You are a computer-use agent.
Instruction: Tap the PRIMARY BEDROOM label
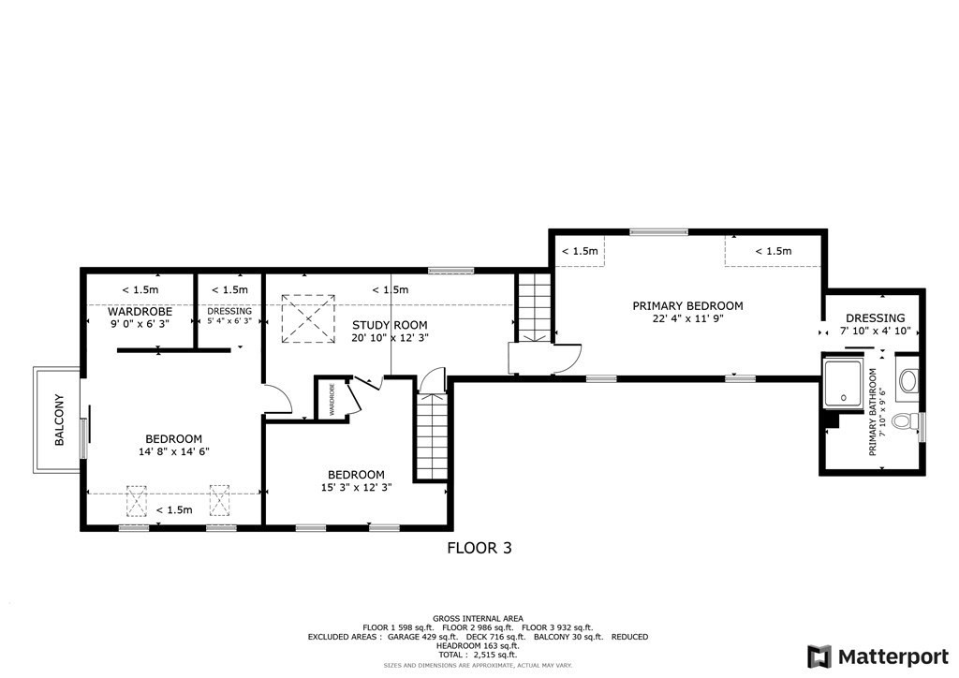[687, 306]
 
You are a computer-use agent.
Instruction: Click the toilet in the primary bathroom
[906, 421]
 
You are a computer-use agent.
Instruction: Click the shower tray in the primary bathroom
[847, 381]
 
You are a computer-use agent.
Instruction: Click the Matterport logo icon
[819, 656]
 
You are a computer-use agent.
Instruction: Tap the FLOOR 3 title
[479, 549]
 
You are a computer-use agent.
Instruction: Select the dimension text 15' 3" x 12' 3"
[356, 487]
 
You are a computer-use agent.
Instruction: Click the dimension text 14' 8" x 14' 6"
[173, 451]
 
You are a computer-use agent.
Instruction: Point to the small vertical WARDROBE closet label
[331, 400]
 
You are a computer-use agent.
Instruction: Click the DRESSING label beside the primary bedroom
[875, 318]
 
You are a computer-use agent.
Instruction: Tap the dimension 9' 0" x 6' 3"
[139, 324]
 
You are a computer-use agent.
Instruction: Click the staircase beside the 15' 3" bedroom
[432, 435]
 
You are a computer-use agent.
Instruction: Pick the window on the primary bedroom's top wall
[658, 232]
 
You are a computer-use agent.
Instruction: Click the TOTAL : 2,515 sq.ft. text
[478, 655]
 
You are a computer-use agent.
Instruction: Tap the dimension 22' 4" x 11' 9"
[687, 319]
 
